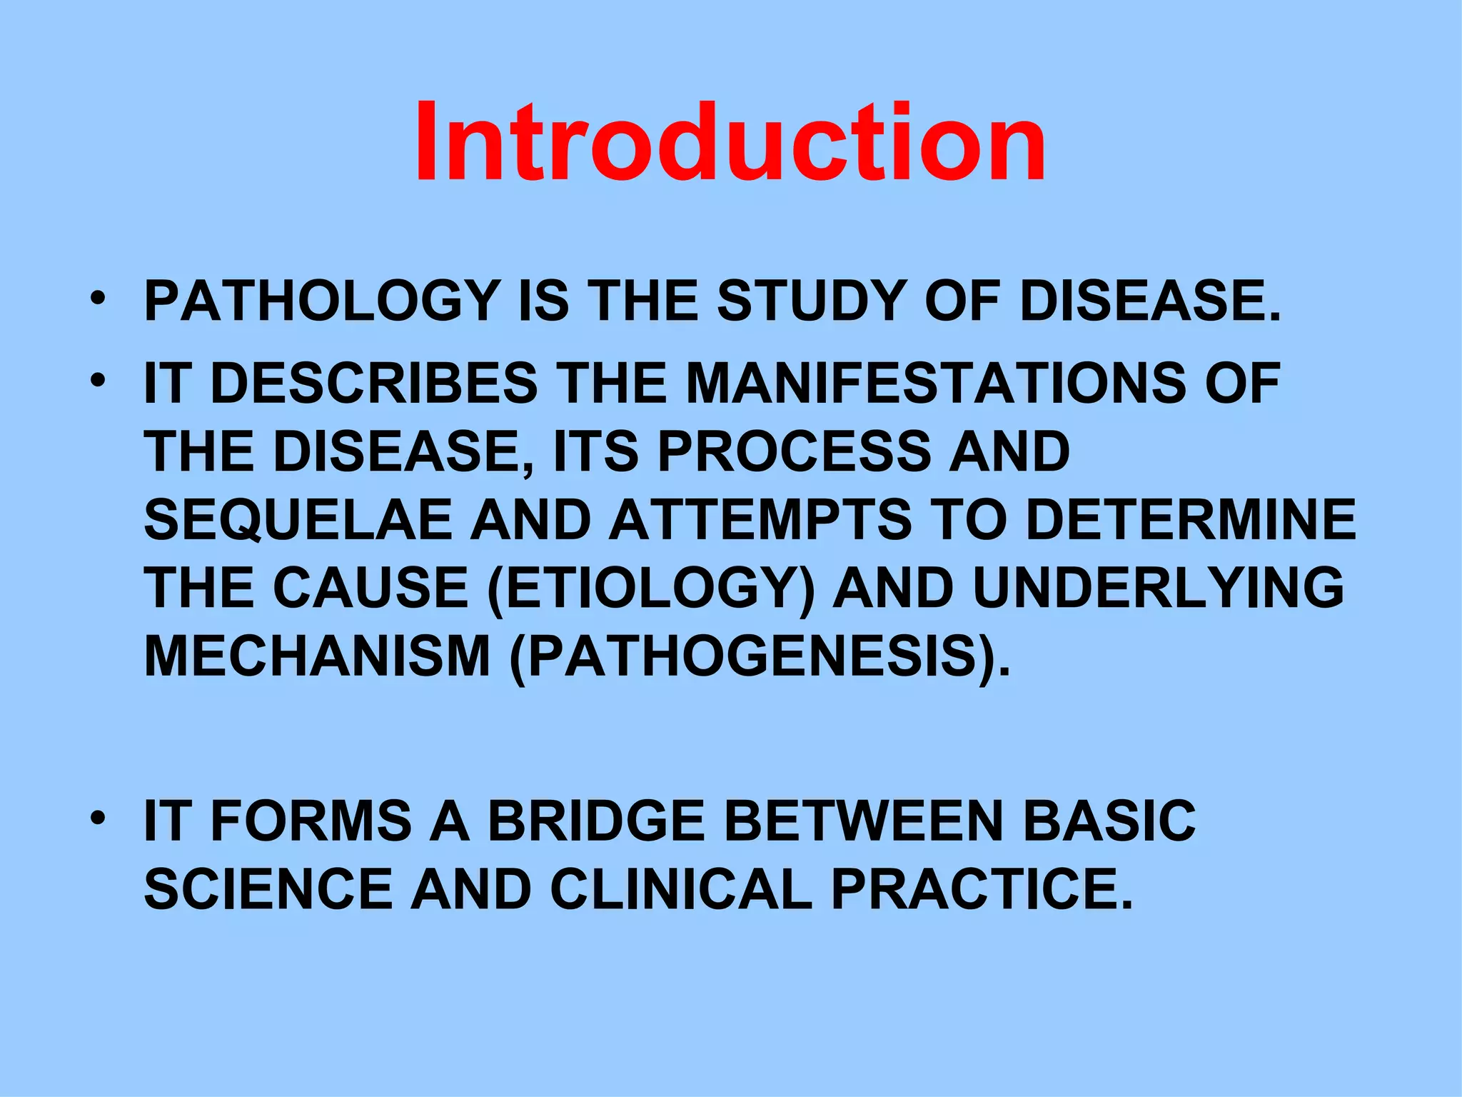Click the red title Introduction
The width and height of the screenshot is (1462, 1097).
pyautogui.click(x=730, y=143)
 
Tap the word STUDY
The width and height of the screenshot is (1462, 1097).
pyautogui.click(x=812, y=301)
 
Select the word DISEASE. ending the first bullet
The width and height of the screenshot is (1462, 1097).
pyautogui.click(x=1150, y=301)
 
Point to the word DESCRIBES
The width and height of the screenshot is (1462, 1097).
pyautogui.click(x=374, y=383)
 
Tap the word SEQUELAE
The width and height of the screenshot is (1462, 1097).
pyautogui.click(x=298, y=519)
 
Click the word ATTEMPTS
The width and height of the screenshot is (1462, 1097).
pyautogui.click(x=760, y=519)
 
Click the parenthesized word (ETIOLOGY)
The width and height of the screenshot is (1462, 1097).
pyautogui.click(x=650, y=588)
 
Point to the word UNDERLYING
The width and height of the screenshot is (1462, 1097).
pyautogui.click(x=1158, y=588)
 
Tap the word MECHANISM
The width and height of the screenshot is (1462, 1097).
pyautogui.click(x=317, y=656)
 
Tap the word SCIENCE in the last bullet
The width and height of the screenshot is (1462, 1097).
pyautogui.click(x=268, y=889)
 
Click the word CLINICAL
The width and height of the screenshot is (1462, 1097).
pyautogui.click(x=681, y=889)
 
